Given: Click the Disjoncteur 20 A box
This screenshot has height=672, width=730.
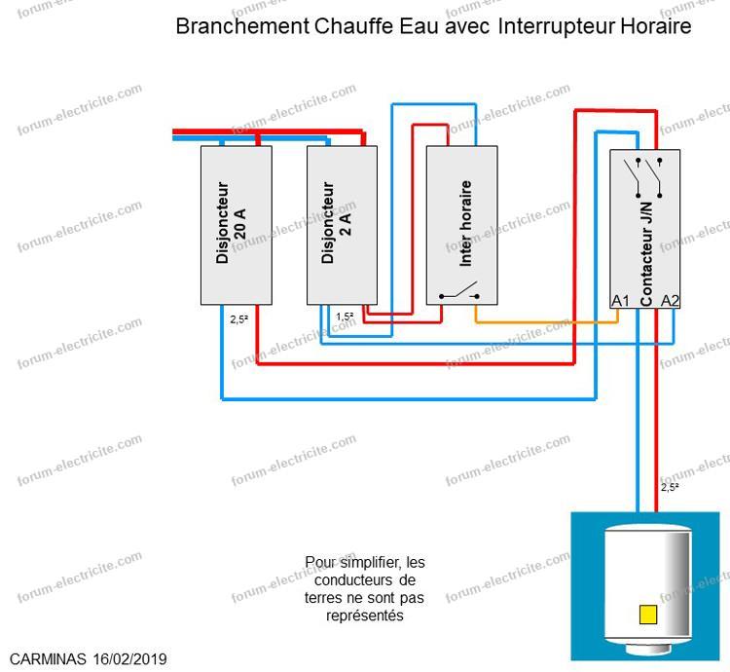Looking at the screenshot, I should (x=236, y=224).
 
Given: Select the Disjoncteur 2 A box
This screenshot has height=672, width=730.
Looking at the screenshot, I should (x=341, y=224).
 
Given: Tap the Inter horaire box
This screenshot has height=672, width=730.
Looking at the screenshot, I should (x=462, y=224).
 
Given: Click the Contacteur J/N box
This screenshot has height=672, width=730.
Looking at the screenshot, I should (x=645, y=229).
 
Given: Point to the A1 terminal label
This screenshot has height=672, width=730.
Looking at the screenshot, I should (x=621, y=301).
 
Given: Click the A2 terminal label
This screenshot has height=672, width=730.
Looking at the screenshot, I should (x=670, y=301).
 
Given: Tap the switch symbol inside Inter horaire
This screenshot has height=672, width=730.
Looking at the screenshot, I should (x=458, y=292).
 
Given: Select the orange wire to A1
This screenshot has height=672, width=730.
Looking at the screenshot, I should (x=545, y=320).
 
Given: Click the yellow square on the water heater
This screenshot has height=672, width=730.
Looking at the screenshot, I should (x=647, y=615).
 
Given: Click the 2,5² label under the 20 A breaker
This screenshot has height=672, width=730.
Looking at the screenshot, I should (x=239, y=318).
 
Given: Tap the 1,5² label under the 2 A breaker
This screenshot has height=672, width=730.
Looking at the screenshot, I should (x=345, y=317).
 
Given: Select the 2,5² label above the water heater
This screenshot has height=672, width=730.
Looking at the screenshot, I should (x=670, y=487).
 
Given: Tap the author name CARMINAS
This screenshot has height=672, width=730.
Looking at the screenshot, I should (x=45, y=659).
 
